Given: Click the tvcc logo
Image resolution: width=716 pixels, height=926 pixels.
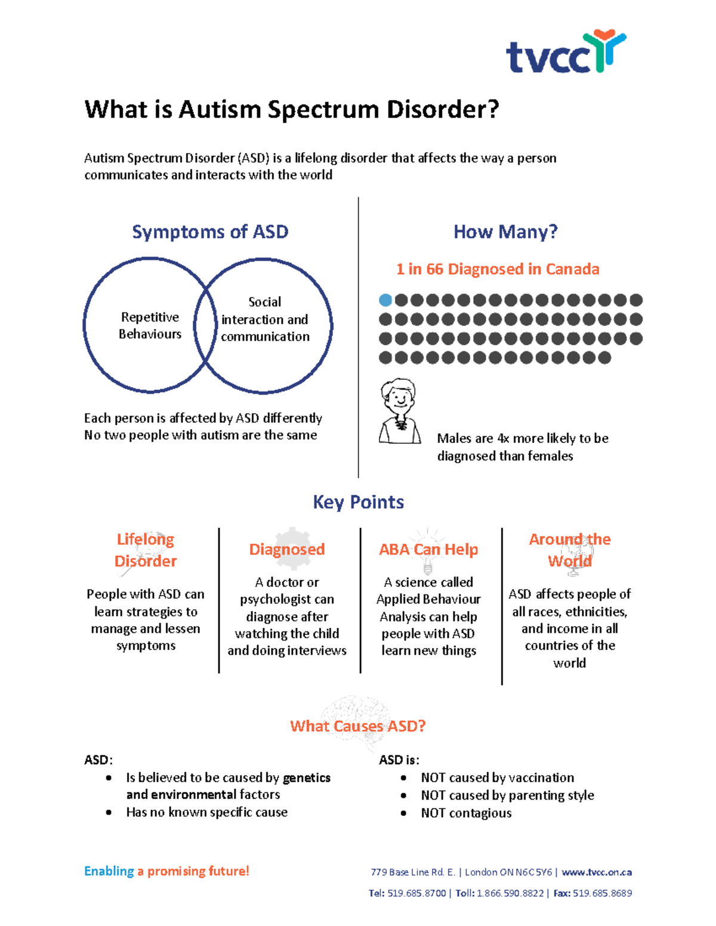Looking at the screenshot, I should pos(566,52).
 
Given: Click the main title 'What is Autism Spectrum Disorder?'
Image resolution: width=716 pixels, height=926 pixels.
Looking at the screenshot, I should pos(291,110).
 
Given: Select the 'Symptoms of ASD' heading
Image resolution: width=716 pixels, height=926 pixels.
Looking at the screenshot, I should pos(210,232).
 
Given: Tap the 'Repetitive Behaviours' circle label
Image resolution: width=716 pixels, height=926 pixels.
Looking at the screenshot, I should pos(150,326).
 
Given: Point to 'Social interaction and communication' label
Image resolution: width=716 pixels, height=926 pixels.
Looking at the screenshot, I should pos(265,320).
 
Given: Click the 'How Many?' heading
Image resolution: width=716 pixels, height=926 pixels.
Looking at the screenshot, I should pos(505,232).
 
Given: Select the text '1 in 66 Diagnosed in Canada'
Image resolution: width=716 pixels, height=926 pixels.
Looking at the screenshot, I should pos(498,270).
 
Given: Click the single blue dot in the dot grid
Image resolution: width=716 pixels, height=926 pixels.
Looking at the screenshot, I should pos(385,300).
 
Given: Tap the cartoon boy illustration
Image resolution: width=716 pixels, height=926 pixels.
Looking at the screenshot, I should pos(399,411).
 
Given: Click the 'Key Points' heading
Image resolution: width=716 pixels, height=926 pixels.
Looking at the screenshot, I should pos(358,502).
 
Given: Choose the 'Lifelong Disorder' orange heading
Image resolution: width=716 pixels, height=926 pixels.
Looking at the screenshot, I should pos(146,550).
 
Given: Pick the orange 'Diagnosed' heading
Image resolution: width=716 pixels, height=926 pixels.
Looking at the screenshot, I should pos(287,549).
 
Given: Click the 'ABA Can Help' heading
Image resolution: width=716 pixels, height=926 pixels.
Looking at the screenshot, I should pos(428,549).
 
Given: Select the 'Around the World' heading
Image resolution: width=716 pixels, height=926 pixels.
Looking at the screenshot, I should pos(570,550).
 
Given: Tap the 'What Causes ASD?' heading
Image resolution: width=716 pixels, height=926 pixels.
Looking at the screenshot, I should pos(358,726).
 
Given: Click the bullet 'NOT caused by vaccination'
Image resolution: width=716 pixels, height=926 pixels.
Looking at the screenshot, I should pos(497,778).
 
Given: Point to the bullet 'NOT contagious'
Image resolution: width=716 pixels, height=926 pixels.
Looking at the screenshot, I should pos(466,813).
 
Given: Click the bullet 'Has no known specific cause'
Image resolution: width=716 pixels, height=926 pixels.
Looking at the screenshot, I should pos(206,812).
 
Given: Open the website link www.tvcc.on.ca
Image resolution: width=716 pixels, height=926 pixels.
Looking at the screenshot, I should pos(597,872).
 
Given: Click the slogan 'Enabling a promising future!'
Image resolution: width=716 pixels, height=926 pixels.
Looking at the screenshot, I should pos(166,871).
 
